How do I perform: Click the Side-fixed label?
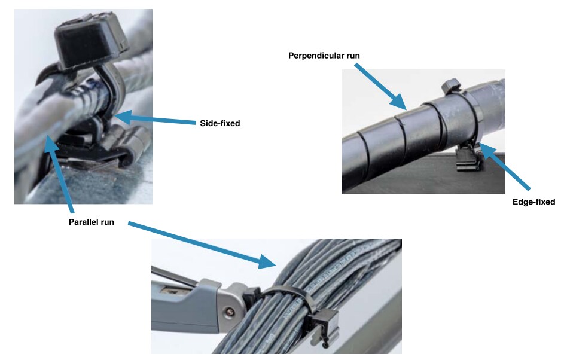(219, 123)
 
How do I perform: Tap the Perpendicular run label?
(324, 56)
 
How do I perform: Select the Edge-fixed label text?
(533, 202)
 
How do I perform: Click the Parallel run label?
(91, 222)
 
